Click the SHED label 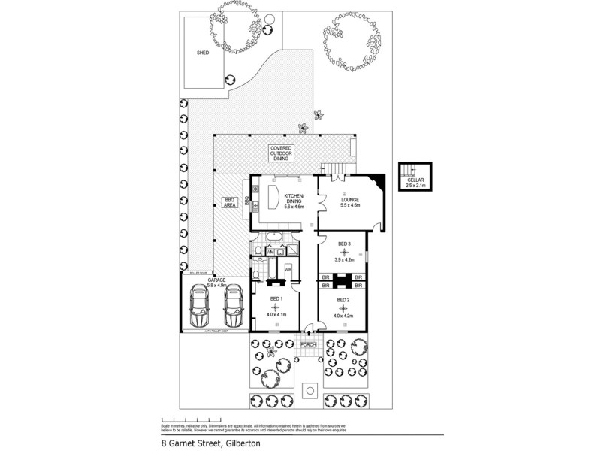[202, 53]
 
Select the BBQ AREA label [231, 201]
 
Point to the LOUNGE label [351, 201]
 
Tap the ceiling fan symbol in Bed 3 [344, 253]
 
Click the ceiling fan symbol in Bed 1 [276, 307]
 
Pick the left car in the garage [201, 308]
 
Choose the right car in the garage [234, 308]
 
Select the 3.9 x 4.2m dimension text [344, 260]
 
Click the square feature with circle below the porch [309, 390]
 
